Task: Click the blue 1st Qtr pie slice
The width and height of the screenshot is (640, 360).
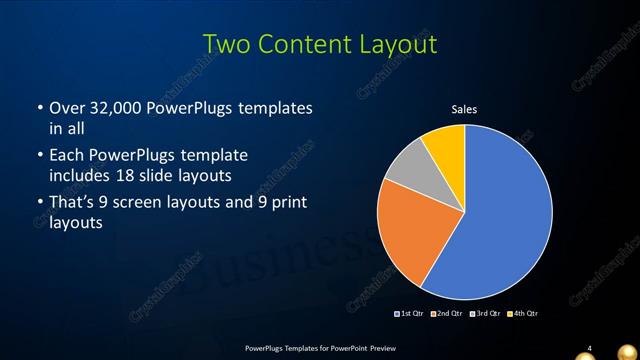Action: (x=500, y=220)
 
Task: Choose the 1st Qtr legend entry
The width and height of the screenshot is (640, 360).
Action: (x=410, y=313)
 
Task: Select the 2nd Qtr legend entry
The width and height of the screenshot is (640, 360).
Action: (x=448, y=313)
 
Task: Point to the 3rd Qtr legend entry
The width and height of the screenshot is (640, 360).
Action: (x=486, y=313)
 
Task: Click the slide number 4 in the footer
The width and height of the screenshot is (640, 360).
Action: (x=590, y=347)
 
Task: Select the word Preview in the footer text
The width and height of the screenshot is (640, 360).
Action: (x=377, y=347)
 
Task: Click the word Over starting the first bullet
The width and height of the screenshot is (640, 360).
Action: (x=67, y=108)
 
